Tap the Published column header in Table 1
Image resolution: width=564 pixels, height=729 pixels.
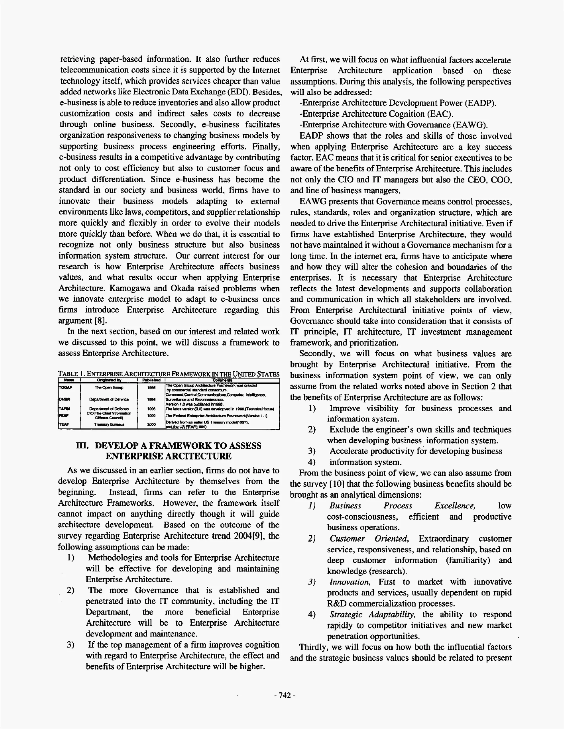(151, 380)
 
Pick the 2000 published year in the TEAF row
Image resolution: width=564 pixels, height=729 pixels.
(151, 424)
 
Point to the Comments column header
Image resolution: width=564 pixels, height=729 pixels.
(223, 380)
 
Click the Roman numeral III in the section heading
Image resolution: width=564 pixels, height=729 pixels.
(82, 446)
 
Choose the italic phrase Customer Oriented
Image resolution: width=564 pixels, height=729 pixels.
(369, 538)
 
